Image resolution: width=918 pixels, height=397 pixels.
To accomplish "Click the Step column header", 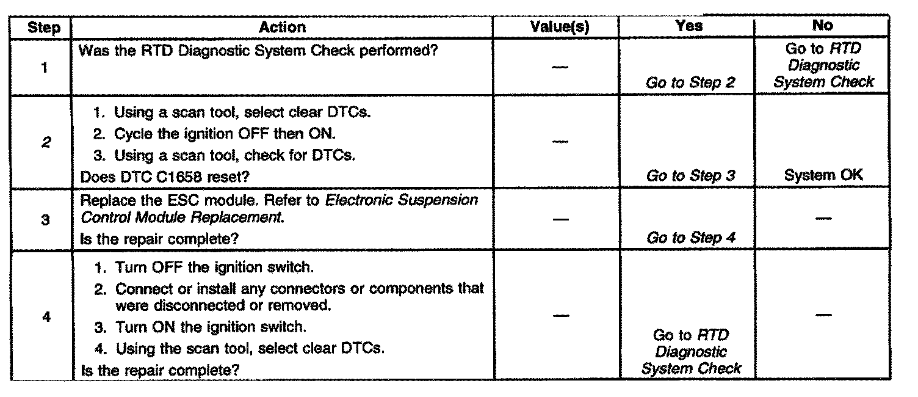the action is point(44,27).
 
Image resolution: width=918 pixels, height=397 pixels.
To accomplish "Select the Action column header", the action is point(282,27).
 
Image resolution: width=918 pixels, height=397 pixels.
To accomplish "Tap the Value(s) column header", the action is point(563,26).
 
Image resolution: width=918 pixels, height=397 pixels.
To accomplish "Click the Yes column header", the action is point(689,26).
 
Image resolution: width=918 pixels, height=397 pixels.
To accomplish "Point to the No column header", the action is point(823,26).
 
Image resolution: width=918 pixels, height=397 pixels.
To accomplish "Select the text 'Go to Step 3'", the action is point(690,177).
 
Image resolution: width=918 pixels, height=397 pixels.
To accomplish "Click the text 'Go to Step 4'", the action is point(690,238).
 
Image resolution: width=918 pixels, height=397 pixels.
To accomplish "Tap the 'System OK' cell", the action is point(823,176).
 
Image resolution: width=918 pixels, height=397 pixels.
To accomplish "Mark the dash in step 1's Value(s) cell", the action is point(560,67).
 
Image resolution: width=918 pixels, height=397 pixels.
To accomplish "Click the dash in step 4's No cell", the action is point(823,315).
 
